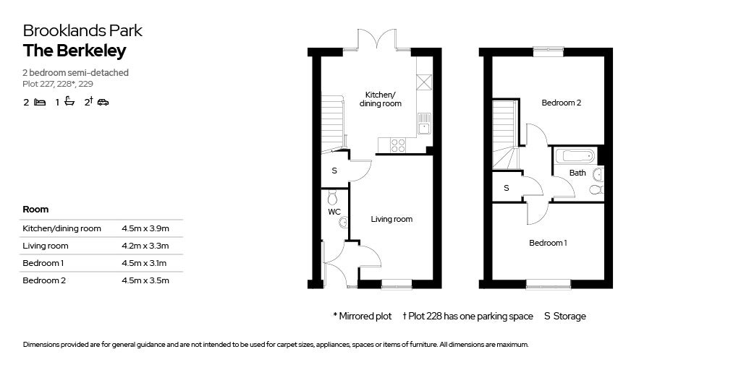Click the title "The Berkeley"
click(x=75, y=51)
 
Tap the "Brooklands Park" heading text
click(x=82, y=30)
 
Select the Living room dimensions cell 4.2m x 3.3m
click(x=145, y=246)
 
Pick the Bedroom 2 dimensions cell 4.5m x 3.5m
click(x=145, y=280)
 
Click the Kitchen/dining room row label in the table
click(x=62, y=229)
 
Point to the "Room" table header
click(x=35, y=209)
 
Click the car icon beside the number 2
click(x=103, y=102)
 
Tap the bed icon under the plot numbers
click(x=41, y=102)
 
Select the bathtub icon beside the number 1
click(x=69, y=101)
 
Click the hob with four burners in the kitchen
click(x=399, y=145)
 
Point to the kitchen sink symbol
click(x=424, y=124)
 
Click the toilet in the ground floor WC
click(x=333, y=197)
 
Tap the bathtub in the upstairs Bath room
click(x=575, y=155)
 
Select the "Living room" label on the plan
click(x=391, y=219)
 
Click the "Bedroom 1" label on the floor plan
click(x=548, y=243)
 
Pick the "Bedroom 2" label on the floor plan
click(x=561, y=103)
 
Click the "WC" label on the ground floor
click(x=334, y=212)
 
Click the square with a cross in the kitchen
click(x=424, y=82)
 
